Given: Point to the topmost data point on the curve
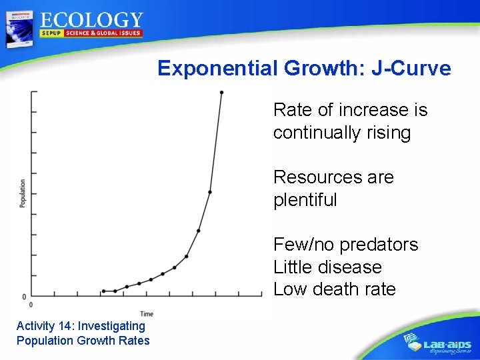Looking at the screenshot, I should (x=221, y=93).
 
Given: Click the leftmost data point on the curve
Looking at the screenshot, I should (x=103, y=291).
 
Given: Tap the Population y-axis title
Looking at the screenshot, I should (x=23, y=193).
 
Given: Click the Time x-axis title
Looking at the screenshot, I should (x=147, y=314).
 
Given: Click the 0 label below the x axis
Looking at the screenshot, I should (x=31, y=305).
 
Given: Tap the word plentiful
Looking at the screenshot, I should (x=305, y=200).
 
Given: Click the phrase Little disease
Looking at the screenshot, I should (x=327, y=267).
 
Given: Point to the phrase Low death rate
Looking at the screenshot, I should (x=334, y=289).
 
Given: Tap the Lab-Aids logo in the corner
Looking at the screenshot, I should (x=439, y=343).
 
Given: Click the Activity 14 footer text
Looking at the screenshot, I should (x=81, y=326).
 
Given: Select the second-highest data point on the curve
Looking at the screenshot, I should (x=210, y=192).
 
